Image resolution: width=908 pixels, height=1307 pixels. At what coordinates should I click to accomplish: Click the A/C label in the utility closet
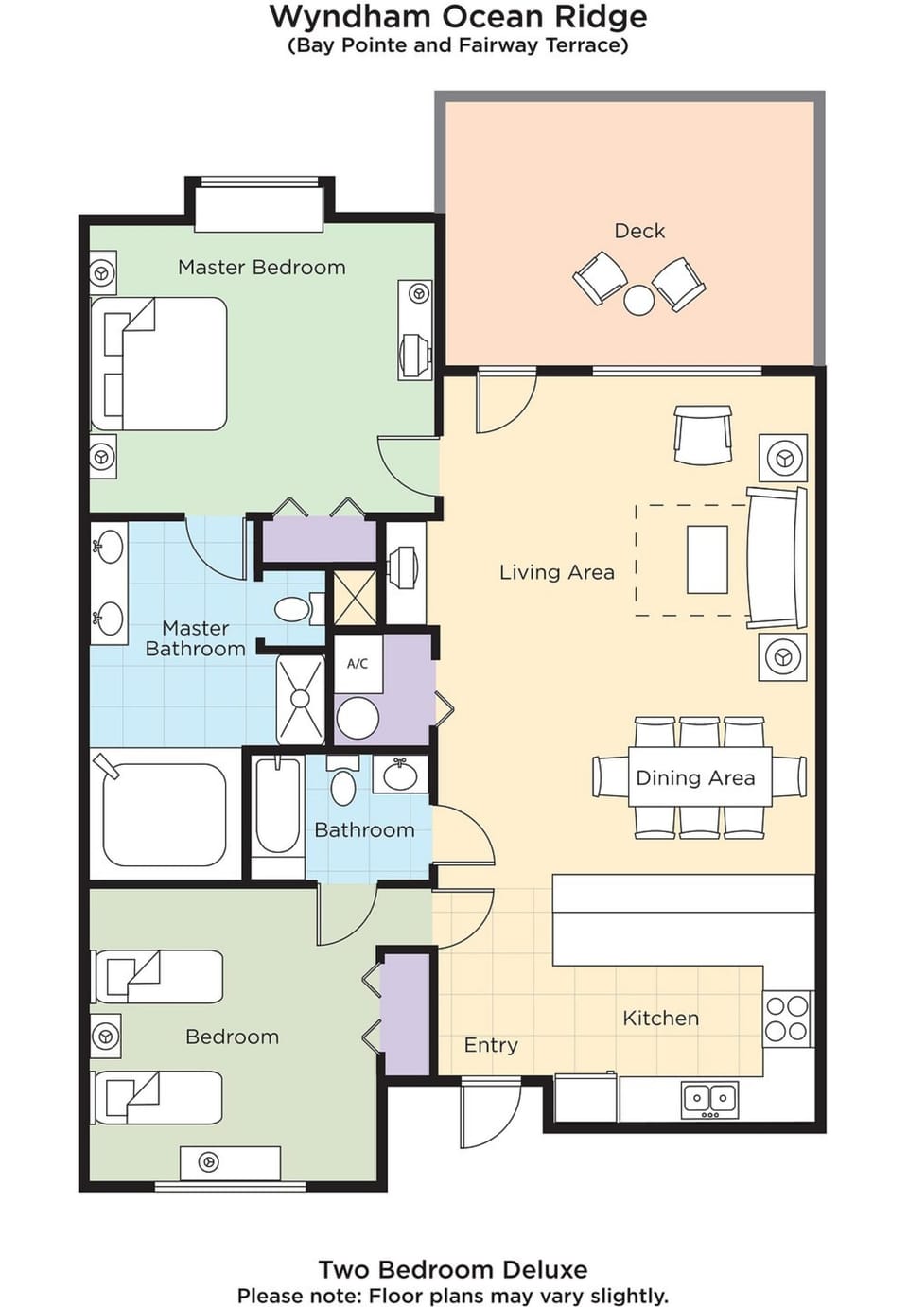click(x=358, y=664)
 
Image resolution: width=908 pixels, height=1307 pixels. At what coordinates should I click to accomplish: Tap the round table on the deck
click(x=639, y=300)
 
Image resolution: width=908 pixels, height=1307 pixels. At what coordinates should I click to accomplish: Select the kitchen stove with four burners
click(x=787, y=1019)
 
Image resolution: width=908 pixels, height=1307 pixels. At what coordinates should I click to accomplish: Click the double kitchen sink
click(x=709, y=1099)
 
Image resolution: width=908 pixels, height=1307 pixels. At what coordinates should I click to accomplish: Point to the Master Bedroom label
click(x=262, y=268)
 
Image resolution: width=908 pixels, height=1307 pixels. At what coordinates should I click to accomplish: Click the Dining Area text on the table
click(x=695, y=778)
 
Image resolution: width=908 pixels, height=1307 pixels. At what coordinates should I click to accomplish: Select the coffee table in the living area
click(x=707, y=559)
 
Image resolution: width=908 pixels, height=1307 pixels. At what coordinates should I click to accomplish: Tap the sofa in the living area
click(x=777, y=558)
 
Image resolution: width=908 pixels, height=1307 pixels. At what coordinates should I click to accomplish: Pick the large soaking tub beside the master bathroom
click(x=165, y=814)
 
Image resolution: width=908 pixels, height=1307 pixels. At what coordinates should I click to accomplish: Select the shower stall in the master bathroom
click(x=300, y=700)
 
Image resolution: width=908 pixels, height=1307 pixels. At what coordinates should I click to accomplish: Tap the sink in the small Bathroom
click(x=399, y=775)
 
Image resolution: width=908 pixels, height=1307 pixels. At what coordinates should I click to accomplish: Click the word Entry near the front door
click(x=491, y=1045)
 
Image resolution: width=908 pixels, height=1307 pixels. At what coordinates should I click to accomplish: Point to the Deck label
click(x=639, y=231)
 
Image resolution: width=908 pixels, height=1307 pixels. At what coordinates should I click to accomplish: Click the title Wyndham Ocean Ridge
click(x=458, y=17)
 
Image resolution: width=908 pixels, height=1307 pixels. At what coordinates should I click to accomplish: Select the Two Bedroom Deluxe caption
click(x=452, y=1269)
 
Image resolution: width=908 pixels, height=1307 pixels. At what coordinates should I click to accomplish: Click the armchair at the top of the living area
click(x=703, y=435)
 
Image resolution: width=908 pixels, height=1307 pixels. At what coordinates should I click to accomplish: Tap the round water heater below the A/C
click(x=358, y=718)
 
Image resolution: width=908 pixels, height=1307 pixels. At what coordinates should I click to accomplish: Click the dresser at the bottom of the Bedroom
click(x=230, y=1162)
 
